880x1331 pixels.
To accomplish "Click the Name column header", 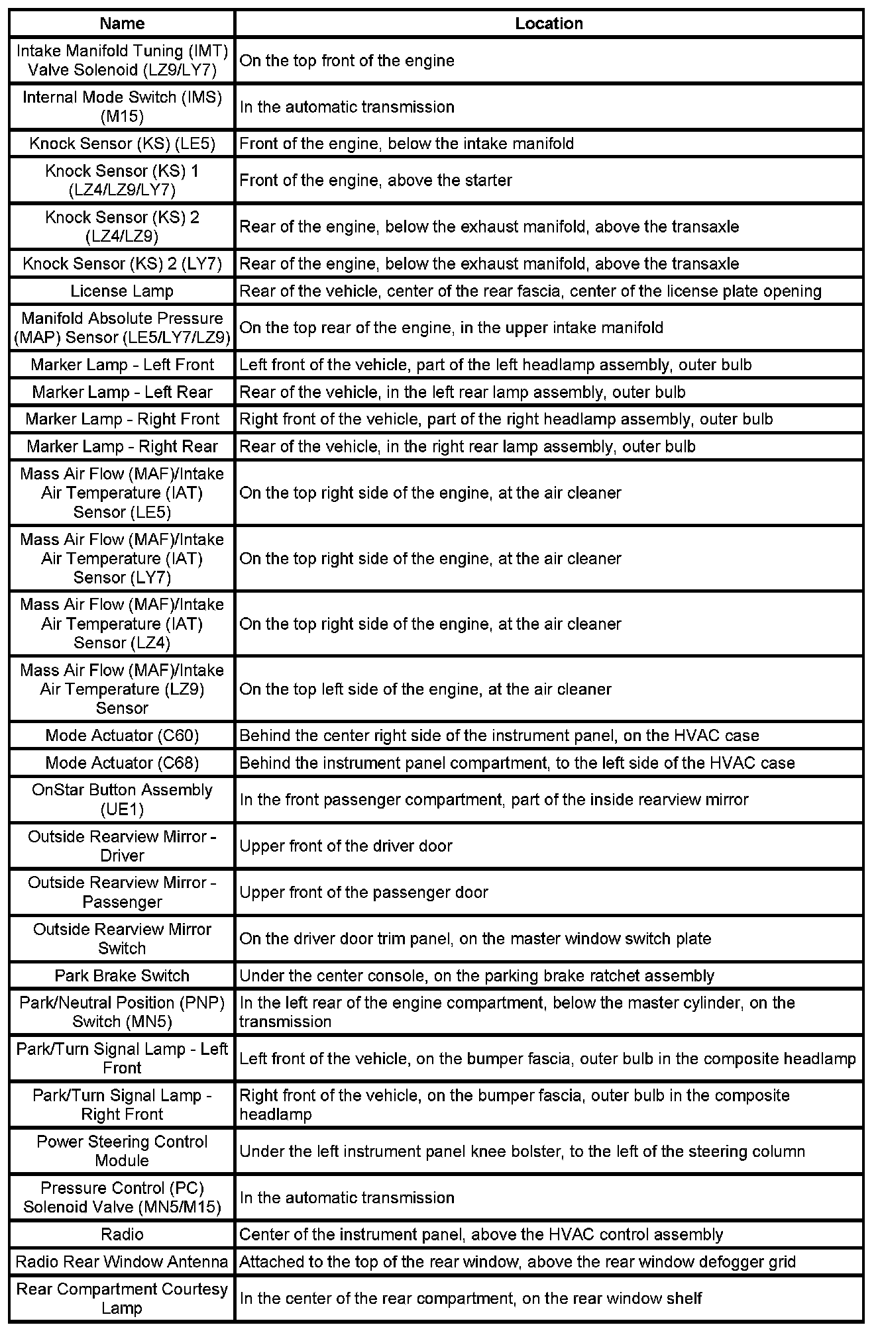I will point(122,24).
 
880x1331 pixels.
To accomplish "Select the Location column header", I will point(549,24).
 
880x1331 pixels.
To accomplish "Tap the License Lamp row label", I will point(122,291).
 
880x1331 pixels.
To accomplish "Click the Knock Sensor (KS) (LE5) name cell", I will point(122,144).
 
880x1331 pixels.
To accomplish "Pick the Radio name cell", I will point(122,1234).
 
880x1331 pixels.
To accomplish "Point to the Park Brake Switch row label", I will point(122,975).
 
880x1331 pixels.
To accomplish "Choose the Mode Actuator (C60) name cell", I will point(122,736).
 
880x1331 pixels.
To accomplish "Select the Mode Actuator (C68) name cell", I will point(122,763).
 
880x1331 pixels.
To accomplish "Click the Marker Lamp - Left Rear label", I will point(122,392).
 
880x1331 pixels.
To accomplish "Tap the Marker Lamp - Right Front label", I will point(122,419).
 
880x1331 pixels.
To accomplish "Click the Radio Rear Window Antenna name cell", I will point(122,1261).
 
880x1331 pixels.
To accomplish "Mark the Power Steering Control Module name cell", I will point(122,1151).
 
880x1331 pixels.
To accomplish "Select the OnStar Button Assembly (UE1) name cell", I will point(122,799).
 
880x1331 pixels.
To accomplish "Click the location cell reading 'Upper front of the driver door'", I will point(346,846).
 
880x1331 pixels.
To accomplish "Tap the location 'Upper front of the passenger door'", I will point(364,893).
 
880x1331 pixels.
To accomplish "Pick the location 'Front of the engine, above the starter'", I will point(376,180).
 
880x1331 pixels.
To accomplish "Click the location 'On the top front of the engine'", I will point(347,61).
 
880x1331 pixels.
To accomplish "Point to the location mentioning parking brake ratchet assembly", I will point(476,976).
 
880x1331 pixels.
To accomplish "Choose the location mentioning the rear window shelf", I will point(470,1299).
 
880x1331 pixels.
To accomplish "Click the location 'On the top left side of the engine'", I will point(425,689).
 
